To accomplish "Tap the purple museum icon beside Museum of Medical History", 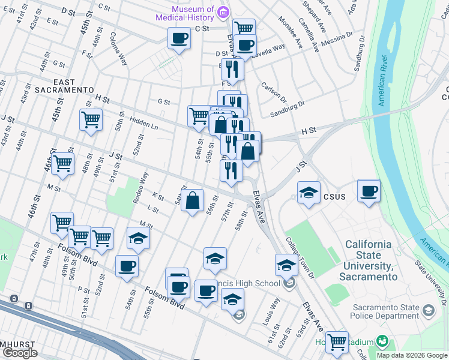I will (x=223, y=12).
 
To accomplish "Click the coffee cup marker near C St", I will (x=179, y=39).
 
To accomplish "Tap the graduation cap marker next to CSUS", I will (x=309, y=193).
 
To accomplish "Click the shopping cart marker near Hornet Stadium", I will (x=337, y=342).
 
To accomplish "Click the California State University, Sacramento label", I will (x=368, y=261).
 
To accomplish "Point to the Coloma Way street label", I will (x=118, y=49).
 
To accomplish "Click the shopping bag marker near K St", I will (x=193, y=201).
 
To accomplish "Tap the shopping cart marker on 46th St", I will (x=62, y=163).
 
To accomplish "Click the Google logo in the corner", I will (x=19, y=353).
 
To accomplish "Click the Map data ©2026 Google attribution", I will (x=412, y=355).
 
